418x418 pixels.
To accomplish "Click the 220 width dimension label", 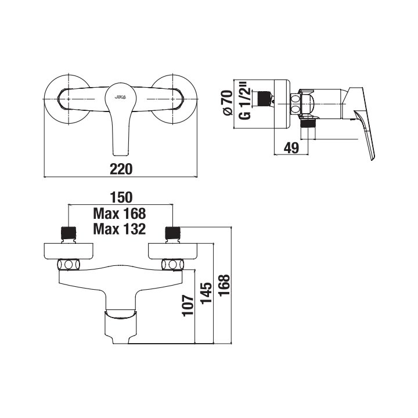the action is tap(121, 169).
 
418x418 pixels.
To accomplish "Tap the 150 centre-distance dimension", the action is tap(121, 197).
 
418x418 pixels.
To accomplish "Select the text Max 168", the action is tap(120, 214).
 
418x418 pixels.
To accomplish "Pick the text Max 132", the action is tap(120, 229).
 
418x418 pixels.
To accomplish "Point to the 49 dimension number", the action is tap(291, 147).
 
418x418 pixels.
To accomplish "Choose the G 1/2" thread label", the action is tap(245, 103).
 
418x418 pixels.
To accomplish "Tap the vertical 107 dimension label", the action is tap(188, 305).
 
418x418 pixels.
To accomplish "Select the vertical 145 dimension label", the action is tap(206, 293).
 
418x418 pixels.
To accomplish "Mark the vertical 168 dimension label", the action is tap(224, 285).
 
